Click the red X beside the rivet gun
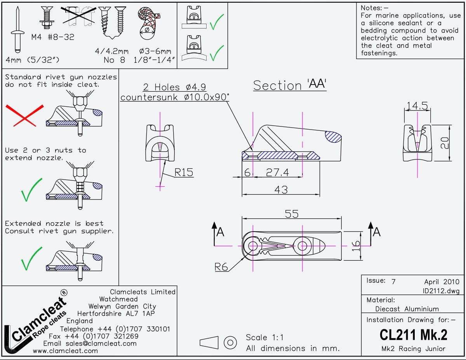pyautogui.click(x=24, y=116)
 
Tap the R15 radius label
pyautogui.click(x=183, y=172)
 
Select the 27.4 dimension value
pyautogui.click(x=278, y=173)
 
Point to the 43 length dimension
pyautogui.click(x=281, y=190)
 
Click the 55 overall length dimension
pyautogui.click(x=292, y=214)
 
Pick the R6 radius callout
pyautogui.click(x=222, y=267)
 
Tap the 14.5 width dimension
pyautogui.click(x=417, y=106)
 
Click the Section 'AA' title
pyautogui.click(x=290, y=85)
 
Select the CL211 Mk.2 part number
pyautogui.click(x=413, y=334)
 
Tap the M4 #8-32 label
pyautogui.click(x=52, y=37)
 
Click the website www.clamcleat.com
pyautogui.click(x=65, y=351)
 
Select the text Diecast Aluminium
pyautogui.click(x=407, y=309)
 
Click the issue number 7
pyautogui.click(x=393, y=282)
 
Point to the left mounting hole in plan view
pyautogui.click(x=253, y=246)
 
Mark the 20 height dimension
pyautogui.click(x=445, y=143)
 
